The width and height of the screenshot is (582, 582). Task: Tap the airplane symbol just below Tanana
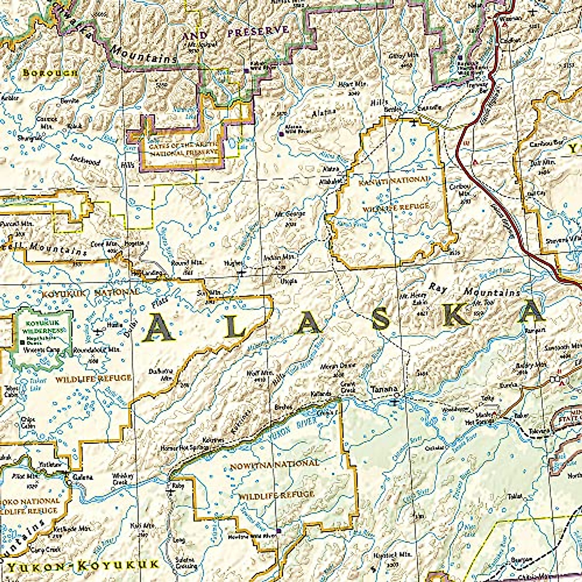pyautogui.click(x=396, y=401)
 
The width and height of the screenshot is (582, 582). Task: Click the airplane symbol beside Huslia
pyautogui.click(x=99, y=332)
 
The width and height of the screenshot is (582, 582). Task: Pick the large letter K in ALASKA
pyautogui.click(x=456, y=315)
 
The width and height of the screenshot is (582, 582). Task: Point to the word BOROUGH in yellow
pyautogui.click(x=49, y=73)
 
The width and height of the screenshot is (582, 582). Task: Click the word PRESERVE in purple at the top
pyautogui.click(x=258, y=32)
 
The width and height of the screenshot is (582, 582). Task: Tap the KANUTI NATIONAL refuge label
pyautogui.click(x=393, y=180)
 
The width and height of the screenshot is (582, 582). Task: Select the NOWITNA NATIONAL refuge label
pyautogui.click(x=275, y=464)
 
